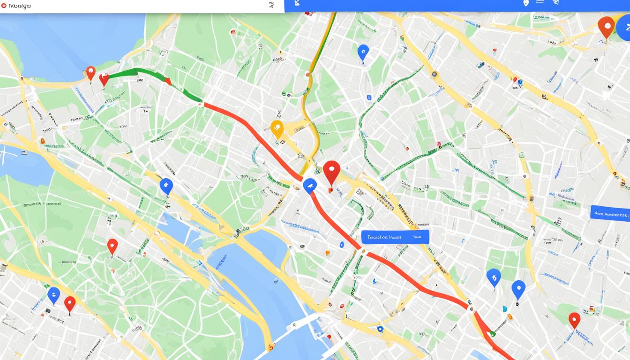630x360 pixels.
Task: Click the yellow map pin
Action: click(x=277, y=128)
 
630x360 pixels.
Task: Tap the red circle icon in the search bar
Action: click(x=4, y=6)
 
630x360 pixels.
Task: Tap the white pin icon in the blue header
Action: click(x=526, y=3)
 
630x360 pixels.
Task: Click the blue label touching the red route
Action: click(x=395, y=237)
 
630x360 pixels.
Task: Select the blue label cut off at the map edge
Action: click(x=610, y=213)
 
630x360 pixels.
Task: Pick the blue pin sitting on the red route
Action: click(x=309, y=186)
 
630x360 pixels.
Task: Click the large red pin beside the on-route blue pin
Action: click(x=331, y=171)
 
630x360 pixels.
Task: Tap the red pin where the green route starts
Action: click(x=104, y=79)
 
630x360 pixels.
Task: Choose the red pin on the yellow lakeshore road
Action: click(x=91, y=73)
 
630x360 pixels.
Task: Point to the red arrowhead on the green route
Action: click(x=167, y=81)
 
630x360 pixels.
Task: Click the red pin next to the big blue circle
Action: click(x=606, y=26)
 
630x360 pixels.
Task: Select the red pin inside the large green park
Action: click(x=112, y=246)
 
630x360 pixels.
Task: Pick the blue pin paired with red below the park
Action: click(x=54, y=295)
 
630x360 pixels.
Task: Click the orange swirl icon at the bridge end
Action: click(x=271, y=347)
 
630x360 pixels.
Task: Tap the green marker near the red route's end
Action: click(x=493, y=333)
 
